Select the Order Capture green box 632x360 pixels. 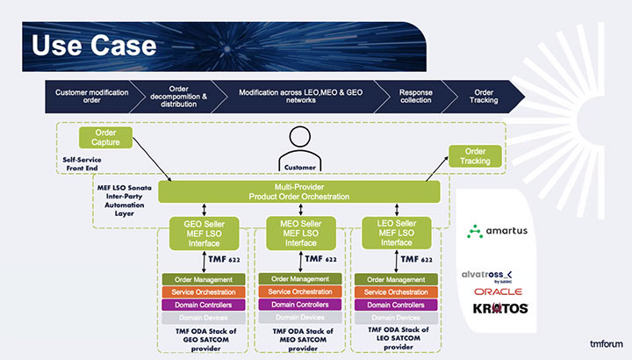click(111, 138)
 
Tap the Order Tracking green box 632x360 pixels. click(474, 155)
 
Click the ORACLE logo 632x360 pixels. click(498, 292)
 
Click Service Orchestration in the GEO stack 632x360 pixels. click(203, 292)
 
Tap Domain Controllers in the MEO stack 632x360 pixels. click(298, 304)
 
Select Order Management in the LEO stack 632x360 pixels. click(394, 279)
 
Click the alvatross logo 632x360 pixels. click(497, 275)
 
